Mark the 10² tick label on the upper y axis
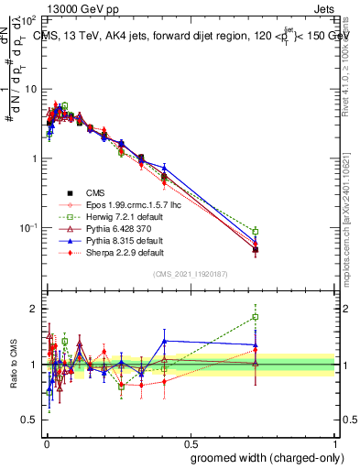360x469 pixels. click(x=28, y=19)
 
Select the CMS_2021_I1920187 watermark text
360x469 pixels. click(x=190, y=273)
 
